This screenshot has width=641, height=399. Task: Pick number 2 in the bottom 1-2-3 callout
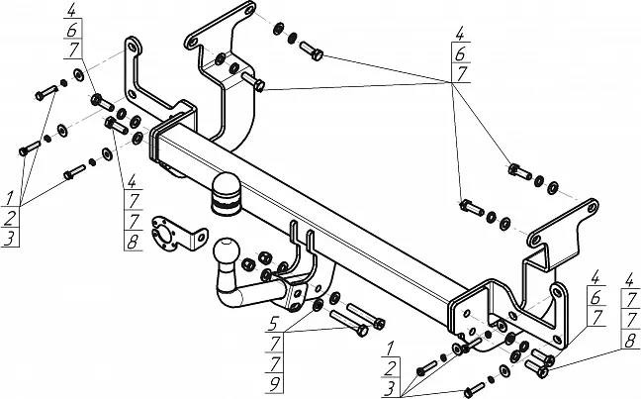pos(393,366)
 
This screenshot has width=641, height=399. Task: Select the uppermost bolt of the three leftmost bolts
pos(46,93)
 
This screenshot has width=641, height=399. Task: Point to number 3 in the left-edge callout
pos(9,238)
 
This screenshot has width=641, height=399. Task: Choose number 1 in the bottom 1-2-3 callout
pos(393,347)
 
